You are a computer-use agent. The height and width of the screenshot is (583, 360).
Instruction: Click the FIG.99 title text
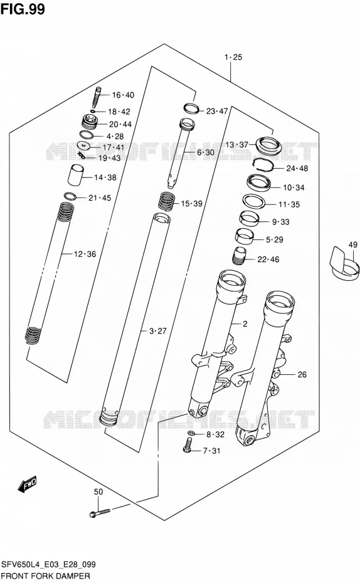[23, 9]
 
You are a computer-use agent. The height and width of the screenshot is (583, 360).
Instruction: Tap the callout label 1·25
[233, 57]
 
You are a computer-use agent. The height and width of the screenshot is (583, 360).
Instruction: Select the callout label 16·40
[123, 95]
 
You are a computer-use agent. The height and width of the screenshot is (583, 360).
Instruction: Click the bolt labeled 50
[100, 513]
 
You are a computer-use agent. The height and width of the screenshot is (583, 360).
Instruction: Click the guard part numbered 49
[345, 265]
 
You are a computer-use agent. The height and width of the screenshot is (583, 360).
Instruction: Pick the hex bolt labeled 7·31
[188, 446]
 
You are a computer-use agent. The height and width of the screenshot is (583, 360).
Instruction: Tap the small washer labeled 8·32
[191, 433]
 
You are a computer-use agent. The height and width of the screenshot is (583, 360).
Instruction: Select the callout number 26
[302, 374]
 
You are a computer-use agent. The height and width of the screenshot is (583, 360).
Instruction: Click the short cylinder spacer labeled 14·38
[75, 174]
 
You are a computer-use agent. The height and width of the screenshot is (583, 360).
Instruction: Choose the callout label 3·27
[157, 330]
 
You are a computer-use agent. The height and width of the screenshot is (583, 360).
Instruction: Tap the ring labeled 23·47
[191, 108]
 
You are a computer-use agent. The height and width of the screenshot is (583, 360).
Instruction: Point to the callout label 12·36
[85, 255]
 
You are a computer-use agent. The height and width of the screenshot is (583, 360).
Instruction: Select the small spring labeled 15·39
[167, 201]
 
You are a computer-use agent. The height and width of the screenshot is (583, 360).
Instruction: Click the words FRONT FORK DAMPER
[46, 576]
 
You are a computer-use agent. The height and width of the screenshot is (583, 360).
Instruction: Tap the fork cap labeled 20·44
[90, 122]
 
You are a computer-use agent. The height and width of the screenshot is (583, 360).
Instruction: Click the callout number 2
[245, 324]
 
